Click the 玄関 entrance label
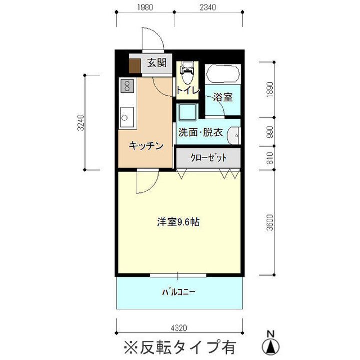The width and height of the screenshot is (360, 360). point(157,63)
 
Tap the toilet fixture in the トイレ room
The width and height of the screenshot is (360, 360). point(187,73)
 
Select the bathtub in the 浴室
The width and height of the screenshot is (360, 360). point(223,74)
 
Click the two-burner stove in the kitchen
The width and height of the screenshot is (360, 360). point(127,86)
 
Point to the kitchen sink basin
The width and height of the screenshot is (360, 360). point(127,117)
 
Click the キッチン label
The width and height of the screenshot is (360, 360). point(146,146)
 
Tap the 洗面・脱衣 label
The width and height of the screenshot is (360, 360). point(200,132)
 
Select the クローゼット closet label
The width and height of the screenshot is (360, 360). point(208,158)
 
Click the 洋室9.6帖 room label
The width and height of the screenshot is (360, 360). point(178,222)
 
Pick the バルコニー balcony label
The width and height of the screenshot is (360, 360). point(179,292)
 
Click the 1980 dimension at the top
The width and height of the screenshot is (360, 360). point(145,7)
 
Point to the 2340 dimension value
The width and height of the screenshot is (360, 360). point(208,7)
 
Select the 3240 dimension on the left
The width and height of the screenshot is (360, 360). point(81,123)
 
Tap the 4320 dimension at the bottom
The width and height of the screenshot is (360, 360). point(179,328)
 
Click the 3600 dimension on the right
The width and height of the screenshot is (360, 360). point(270,222)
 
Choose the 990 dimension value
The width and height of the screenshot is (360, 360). point(270,132)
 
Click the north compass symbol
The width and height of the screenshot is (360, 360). point(271,343)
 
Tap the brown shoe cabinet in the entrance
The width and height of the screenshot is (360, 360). point(135,66)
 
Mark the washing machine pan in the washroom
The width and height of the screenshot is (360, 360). point(188,112)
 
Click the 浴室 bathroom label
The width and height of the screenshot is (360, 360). point(223,97)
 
